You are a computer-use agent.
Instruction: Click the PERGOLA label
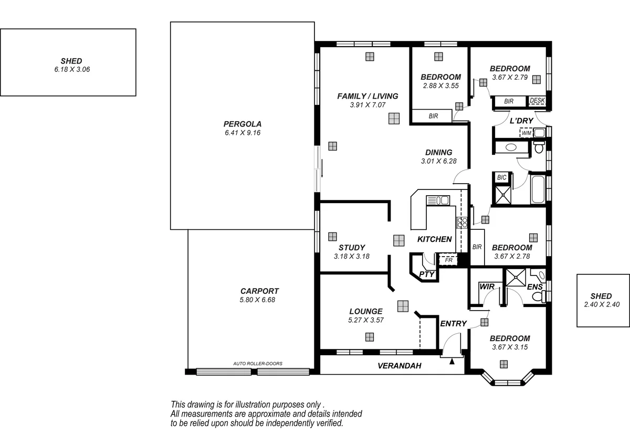(x=242, y=124)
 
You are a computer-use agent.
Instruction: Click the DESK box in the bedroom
(x=537, y=101)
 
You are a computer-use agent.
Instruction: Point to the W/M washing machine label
(x=526, y=133)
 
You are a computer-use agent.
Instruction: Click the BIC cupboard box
(x=501, y=177)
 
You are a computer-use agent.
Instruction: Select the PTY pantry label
(x=427, y=274)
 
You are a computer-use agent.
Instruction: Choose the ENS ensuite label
(x=534, y=287)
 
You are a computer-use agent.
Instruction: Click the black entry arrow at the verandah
(x=452, y=360)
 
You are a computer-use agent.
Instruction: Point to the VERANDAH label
(x=400, y=366)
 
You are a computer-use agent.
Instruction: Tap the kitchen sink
(x=438, y=200)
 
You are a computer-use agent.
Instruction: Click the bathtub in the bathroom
(x=538, y=190)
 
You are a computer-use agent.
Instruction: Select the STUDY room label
(x=351, y=248)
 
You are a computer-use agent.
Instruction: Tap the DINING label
(x=438, y=153)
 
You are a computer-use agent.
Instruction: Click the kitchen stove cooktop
(x=462, y=222)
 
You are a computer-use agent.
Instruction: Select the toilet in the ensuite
(x=538, y=296)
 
